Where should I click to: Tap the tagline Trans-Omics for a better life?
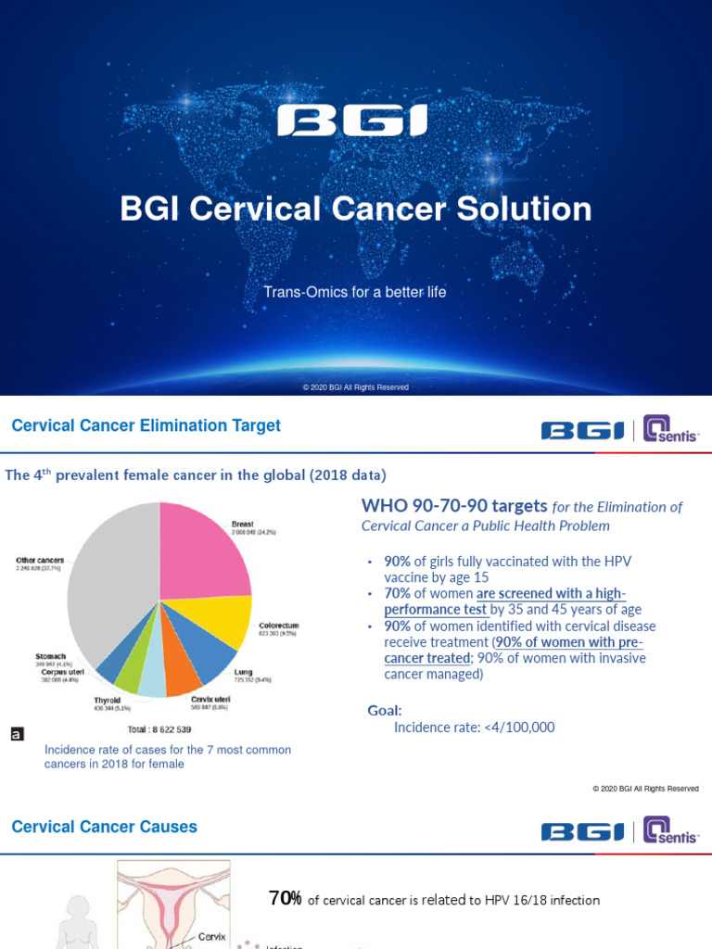tap(355, 292)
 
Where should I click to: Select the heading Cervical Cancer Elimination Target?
tap(146, 425)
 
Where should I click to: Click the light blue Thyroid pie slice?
tap(152, 681)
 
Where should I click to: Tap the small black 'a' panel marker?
tap(16, 733)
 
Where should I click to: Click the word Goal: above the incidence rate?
tap(385, 710)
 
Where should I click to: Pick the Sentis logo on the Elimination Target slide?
tap(672, 430)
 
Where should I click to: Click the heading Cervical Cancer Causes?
tap(104, 826)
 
